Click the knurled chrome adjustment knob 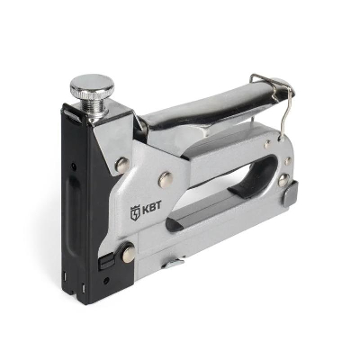click(x=92, y=85)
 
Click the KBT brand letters click(x=151, y=206)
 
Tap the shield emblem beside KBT click(x=135, y=212)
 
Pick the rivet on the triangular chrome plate click(x=122, y=165)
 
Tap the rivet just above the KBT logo click(x=166, y=180)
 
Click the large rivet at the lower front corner click(x=129, y=254)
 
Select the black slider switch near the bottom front click(x=106, y=261)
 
